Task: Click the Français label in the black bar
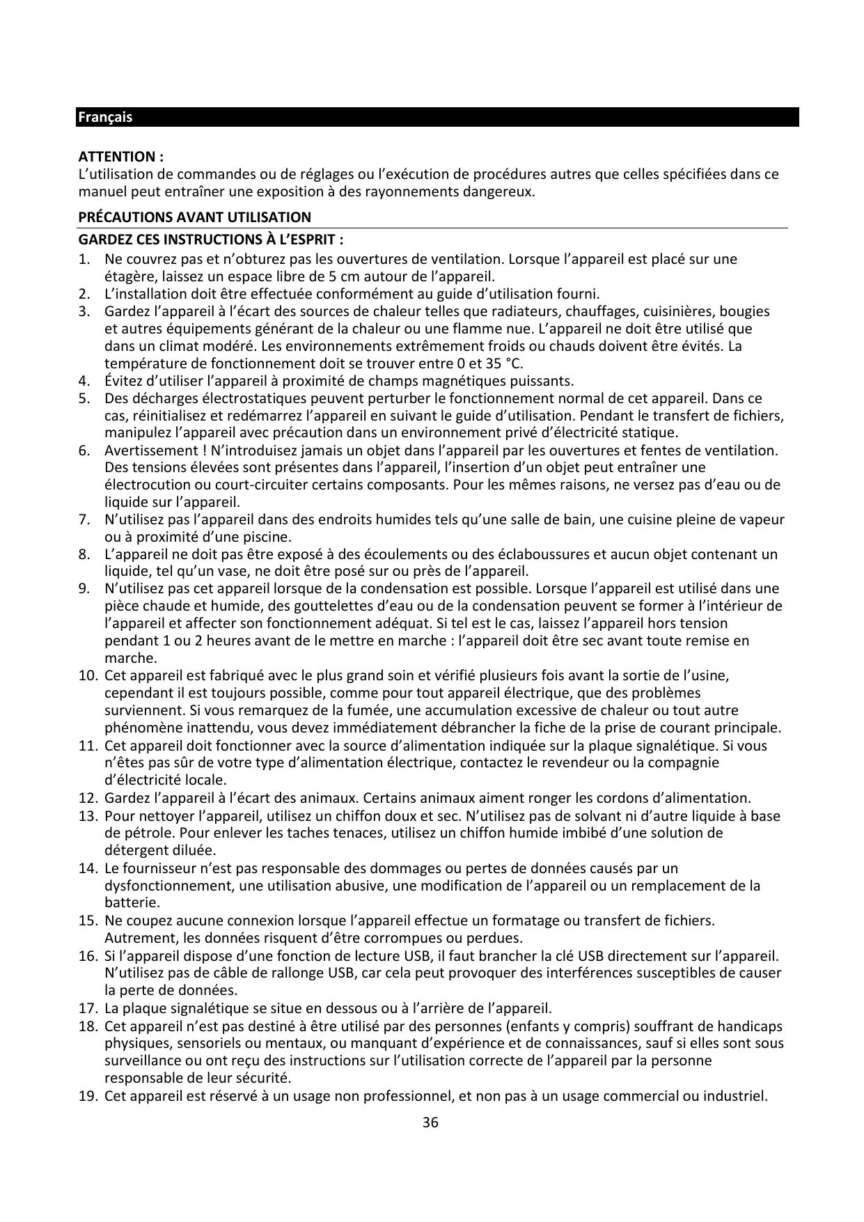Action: (104, 117)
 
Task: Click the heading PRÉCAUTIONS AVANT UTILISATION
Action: (194, 217)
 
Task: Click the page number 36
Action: (431, 1122)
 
